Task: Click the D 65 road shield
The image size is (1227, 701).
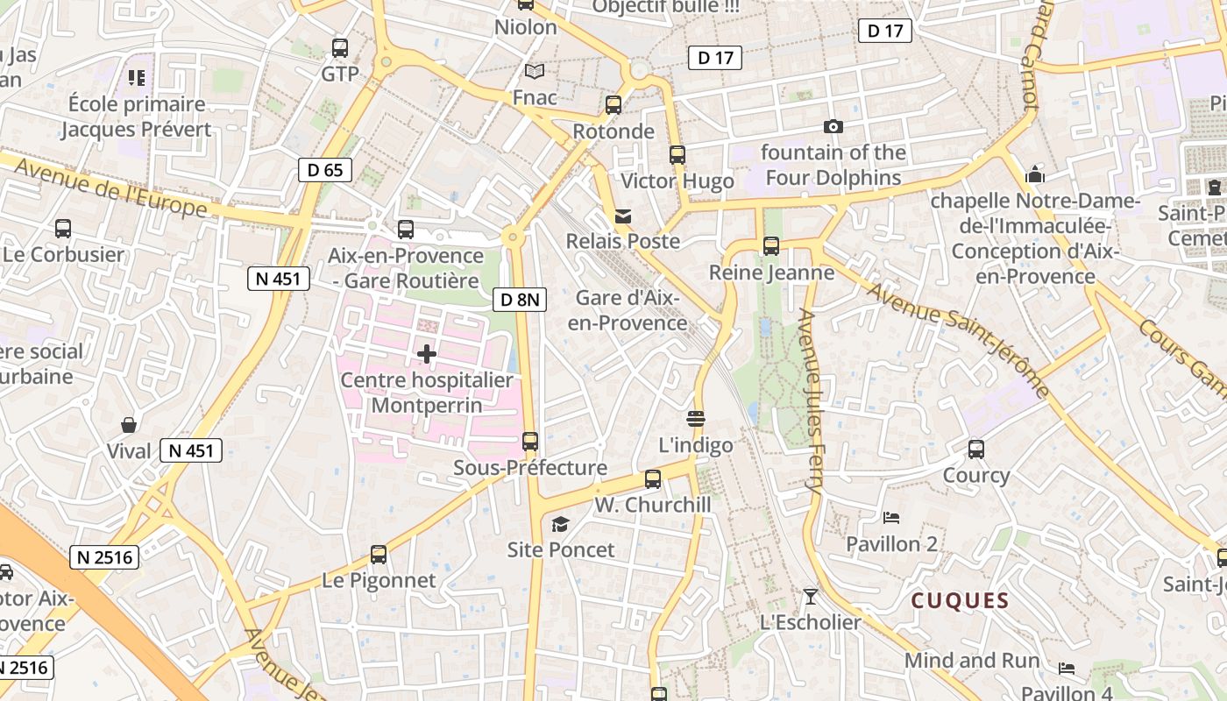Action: click(325, 170)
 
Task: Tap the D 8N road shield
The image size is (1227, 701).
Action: click(520, 300)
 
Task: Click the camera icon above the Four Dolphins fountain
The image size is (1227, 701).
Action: click(833, 127)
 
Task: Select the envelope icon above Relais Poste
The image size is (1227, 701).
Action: click(623, 216)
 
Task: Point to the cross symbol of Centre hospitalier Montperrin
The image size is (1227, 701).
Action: click(427, 354)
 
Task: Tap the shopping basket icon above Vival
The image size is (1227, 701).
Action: click(129, 426)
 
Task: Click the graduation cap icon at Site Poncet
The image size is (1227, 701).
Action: click(560, 524)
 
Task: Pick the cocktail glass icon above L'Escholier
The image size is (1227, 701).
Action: click(811, 597)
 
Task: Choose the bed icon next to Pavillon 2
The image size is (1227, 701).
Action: click(891, 517)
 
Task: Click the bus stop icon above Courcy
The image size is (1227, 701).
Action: click(976, 450)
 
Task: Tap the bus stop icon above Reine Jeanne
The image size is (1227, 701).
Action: click(771, 246)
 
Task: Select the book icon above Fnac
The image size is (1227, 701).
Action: click(534, 71)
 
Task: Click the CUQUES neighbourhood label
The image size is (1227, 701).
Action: click(960, 601)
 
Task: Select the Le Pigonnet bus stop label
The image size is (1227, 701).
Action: click(379, 580)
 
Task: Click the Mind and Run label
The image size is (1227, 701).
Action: click(972, 660)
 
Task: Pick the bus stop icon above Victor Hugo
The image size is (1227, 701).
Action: click(677, 155)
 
